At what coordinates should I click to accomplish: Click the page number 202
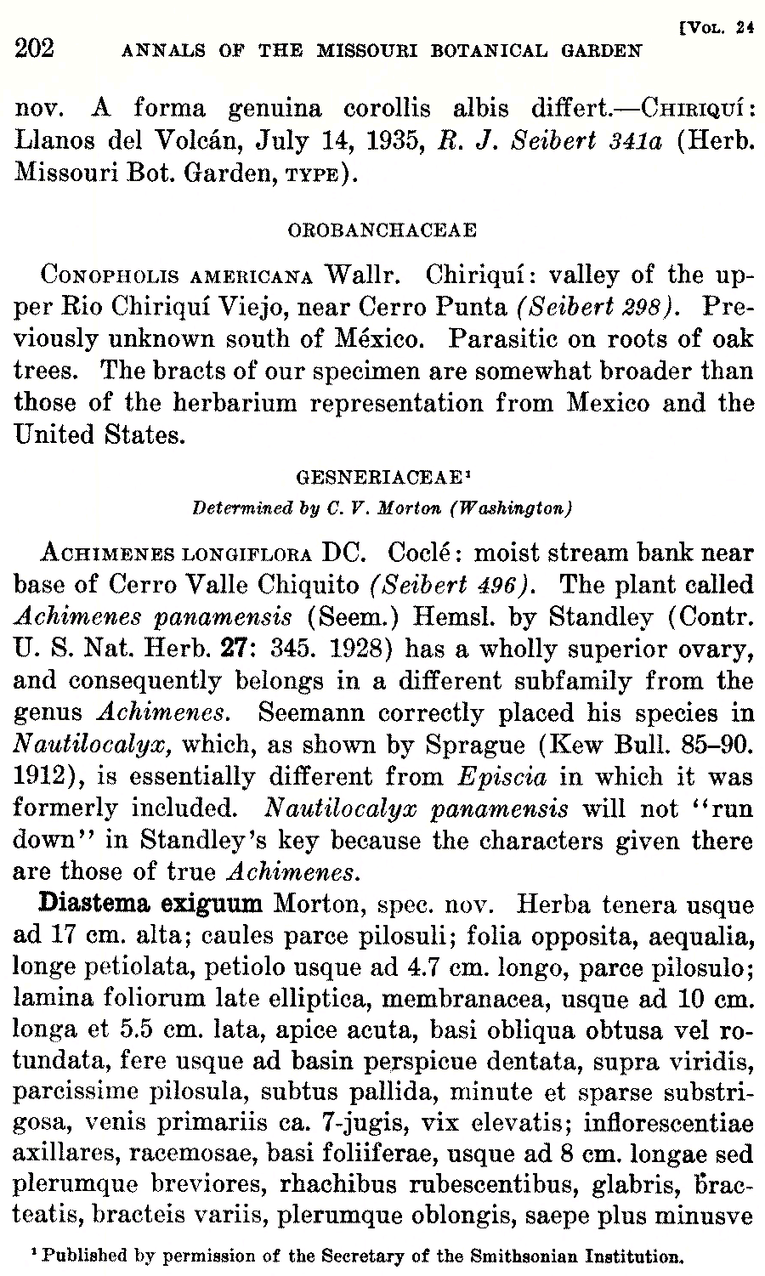(x=35, y=48)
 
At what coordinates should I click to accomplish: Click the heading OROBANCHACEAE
(x=382, y=230)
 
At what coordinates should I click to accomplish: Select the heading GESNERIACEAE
(x=380, y=480)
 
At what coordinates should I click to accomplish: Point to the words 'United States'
(x=99, y=435)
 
